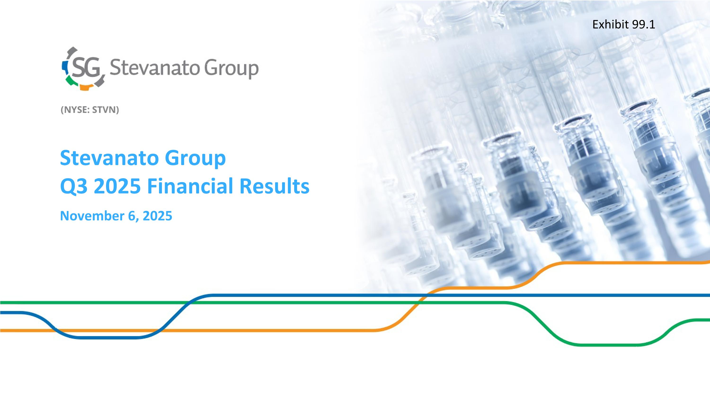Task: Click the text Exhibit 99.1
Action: point(623,25)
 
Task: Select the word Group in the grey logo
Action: point(231,69)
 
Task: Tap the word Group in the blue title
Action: point(195,159)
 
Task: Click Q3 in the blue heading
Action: point(74,186)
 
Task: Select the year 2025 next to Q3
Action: point(117,186)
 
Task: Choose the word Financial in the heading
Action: point(190,186)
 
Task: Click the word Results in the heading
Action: point(275,186)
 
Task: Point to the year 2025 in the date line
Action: point(157,216)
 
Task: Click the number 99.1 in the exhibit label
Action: point(643,25)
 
